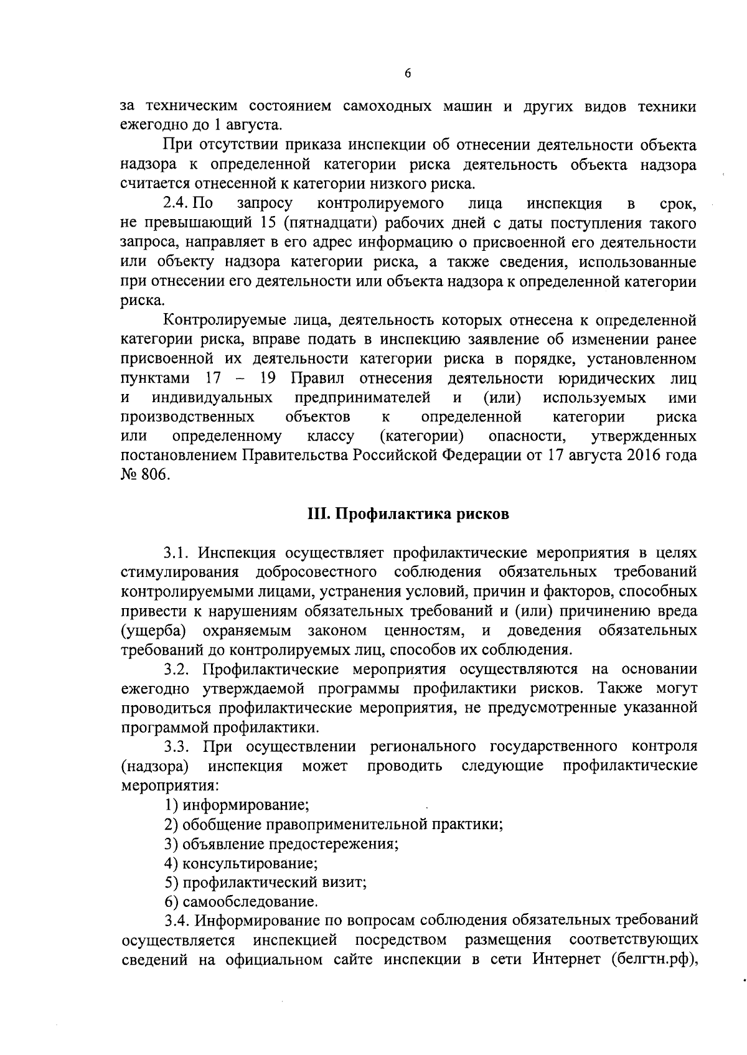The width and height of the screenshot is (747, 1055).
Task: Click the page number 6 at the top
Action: (408, 73)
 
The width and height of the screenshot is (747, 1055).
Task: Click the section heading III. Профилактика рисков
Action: (408, 514)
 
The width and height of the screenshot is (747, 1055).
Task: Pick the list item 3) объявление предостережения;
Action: (281, 843)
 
